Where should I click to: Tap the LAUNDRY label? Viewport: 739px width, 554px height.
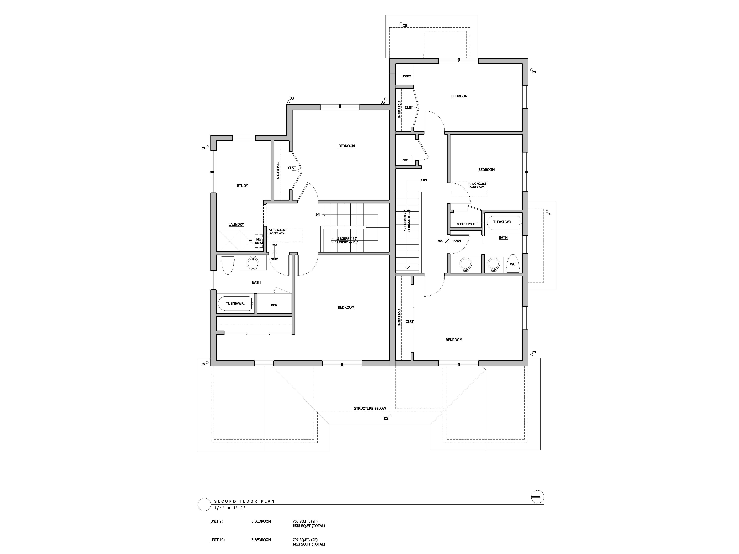[236, 224]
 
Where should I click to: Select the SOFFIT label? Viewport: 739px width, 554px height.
[407, 76]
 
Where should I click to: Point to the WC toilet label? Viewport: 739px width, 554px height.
[513, 264]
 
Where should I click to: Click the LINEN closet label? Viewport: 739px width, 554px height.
[273, 305]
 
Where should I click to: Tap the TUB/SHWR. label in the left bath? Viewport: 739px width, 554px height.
[235, 304]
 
